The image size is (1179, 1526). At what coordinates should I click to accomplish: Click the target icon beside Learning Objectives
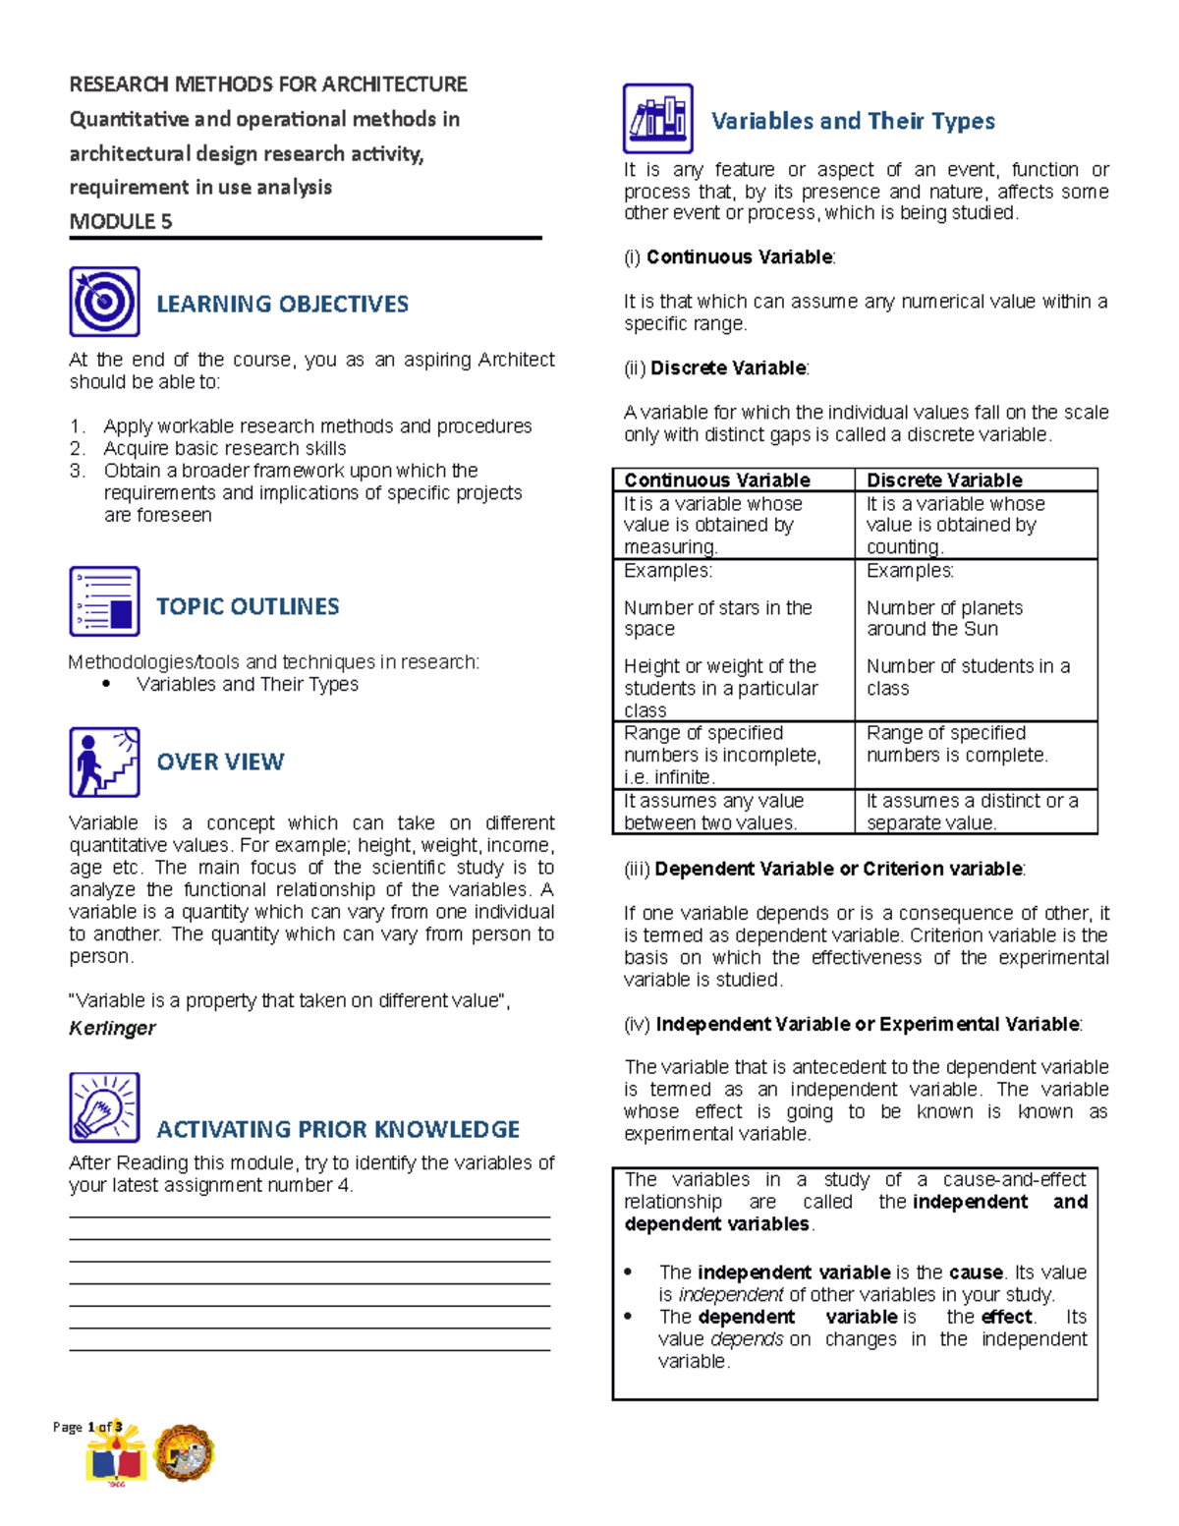pos(104,302)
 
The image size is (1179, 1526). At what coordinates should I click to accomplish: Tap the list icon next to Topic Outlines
pos(104,601)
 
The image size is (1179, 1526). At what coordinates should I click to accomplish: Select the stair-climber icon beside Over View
pos(104,762)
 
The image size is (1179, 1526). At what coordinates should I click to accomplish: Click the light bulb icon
pos(104,1107)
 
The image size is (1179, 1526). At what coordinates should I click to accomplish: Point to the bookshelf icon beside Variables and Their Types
pos(657,118)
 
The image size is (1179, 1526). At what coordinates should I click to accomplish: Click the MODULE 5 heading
pos(121,221)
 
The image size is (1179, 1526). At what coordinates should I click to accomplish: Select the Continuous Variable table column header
pos(717,480)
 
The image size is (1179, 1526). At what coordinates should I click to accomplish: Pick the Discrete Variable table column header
pos(944,480)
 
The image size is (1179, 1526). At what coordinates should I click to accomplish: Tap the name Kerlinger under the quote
pos(112,1028)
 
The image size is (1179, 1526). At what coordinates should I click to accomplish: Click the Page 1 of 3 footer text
pos(87,1427)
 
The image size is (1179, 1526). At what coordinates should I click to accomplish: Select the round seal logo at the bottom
pos(184,1453)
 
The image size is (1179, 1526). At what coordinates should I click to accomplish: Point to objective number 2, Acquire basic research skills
pos(224,448)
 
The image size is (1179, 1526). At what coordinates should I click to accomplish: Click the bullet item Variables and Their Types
pos(248,684)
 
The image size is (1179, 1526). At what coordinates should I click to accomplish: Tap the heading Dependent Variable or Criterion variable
pos(838,869)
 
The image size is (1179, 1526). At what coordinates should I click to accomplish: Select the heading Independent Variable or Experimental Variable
pos(868,1024)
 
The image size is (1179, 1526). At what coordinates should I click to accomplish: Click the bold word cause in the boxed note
pos(976,1272)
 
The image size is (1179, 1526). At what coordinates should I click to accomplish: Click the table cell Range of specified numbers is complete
pos(957,744)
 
